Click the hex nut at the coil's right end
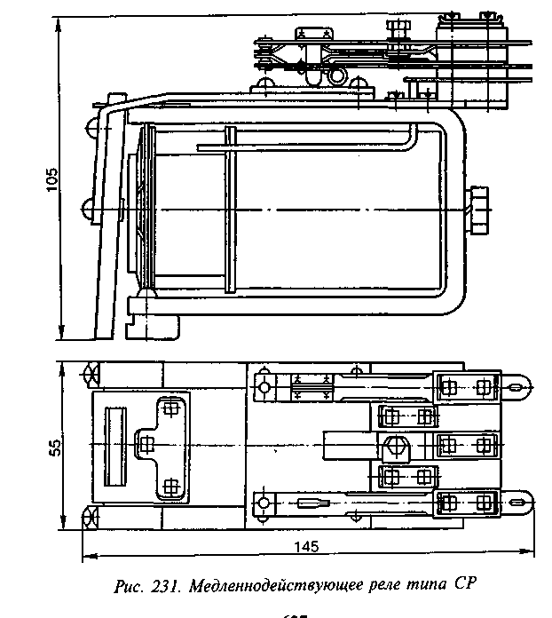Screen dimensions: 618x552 point(478,210)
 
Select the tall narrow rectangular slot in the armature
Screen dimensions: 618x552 point(114,444)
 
